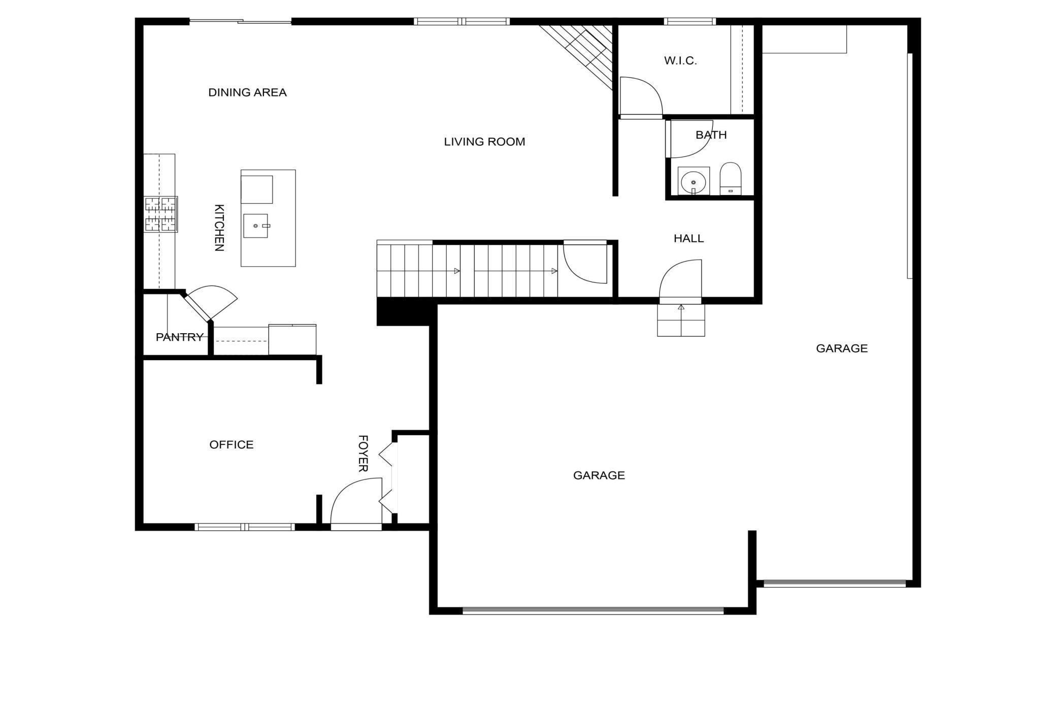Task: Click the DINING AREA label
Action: (x=247, y=92)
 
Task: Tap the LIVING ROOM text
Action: (x=484, y=142)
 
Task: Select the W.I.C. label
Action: (x=680, y=61)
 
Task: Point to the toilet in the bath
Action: (x=730, y=179)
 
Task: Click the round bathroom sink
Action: (x=693, y=181)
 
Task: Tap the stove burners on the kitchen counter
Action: (x=160, y=214)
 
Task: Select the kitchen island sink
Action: (x=255, y=226)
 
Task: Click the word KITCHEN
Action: (x=219, y=228)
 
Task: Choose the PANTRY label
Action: (x=179, y=337)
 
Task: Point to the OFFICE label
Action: (x=231, y=445)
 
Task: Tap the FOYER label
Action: (x=363, y=454)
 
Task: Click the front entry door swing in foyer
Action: (x=356, y=503)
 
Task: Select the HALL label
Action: (x=688, y=239)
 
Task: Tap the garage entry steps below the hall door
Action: (x=681, y=321)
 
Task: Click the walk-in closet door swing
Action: (x=641, y=97)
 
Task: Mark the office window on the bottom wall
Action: (x=245, y=527)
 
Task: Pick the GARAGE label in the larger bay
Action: (x=599, y=475)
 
